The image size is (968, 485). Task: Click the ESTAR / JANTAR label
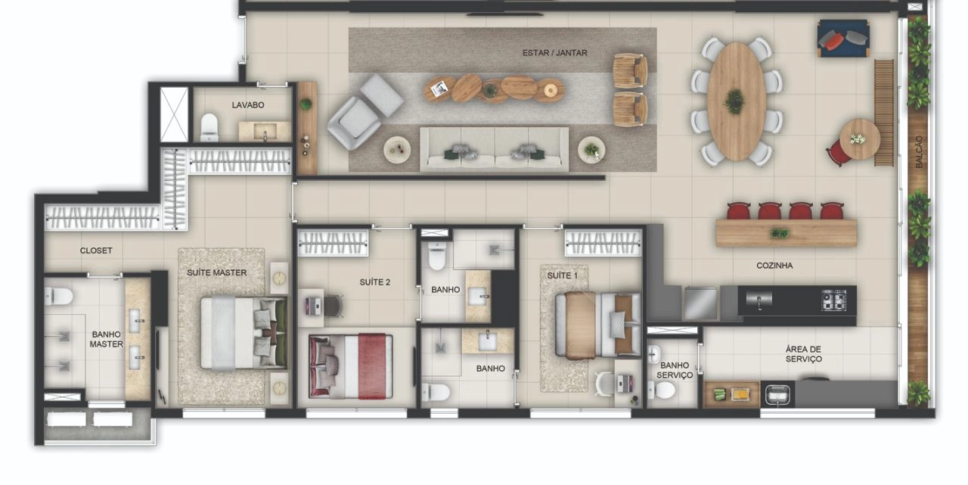(555, 53)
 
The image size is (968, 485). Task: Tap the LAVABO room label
(247, 105)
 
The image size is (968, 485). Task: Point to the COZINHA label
(774, 266)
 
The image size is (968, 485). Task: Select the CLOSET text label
(96, 250)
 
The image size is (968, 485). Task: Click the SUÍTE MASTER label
(216, 272)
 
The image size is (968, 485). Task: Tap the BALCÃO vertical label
(919, 152)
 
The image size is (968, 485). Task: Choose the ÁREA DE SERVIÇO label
(804, 354)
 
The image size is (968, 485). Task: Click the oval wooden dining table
(736, 101)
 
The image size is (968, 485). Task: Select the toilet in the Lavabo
(209, 127)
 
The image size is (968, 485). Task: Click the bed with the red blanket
(350, 366)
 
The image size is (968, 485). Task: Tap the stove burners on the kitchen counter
(833, 300)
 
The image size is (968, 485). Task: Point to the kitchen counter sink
(759, 299)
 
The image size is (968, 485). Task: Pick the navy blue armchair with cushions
(842, 38)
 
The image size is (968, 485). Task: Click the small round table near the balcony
(860, 140)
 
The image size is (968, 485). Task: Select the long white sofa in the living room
(495, 149)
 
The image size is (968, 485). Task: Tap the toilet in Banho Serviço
(662, 390)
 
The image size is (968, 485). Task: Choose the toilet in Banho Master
(59, 296)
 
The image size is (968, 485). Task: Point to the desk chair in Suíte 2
(334, 306)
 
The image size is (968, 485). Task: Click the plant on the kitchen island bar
(780, 234)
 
